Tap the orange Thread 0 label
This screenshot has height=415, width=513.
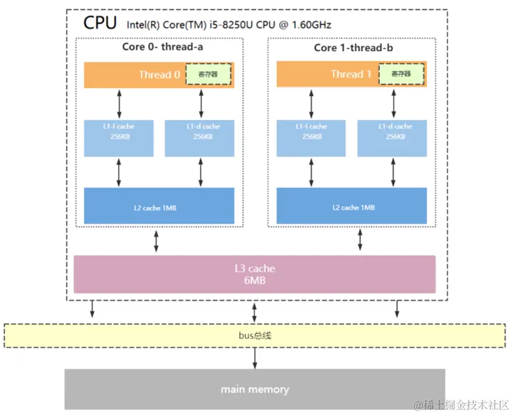[155, 75]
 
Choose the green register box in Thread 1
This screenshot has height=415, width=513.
[401, 75]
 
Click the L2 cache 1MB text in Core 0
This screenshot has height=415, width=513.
[154, 207]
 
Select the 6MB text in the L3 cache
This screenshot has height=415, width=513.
[254, 281]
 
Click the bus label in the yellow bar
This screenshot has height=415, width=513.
[254, 335]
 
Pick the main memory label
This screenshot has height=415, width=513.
[255, 389]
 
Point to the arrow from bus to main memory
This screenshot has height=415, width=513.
[255, 358]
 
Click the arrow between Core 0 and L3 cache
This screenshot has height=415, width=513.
[157, 242]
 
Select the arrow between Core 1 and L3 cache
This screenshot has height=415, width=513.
[359, 242]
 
